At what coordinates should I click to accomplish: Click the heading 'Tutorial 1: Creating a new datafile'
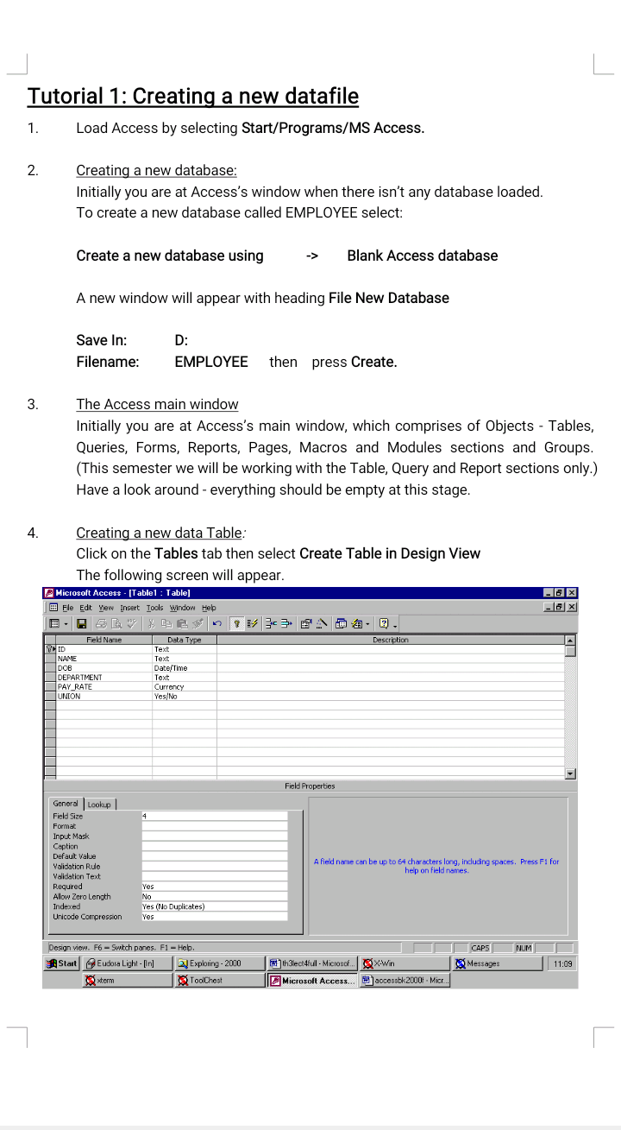(192, 96)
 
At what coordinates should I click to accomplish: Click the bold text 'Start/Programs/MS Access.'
(333, 129)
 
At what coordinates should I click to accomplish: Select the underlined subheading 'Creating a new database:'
(156, 171)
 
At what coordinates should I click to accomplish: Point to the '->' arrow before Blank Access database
(312, 256)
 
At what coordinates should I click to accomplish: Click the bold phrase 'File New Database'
(388, 298)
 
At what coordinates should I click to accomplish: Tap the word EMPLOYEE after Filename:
(210, 362)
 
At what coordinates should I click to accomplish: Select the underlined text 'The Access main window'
(157, 405)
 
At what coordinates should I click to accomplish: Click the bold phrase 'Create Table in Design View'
(389, 553)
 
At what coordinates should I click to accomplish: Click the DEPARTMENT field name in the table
(80, 678)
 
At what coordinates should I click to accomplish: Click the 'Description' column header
(390, 640)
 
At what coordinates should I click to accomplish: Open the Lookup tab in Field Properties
(99, 805)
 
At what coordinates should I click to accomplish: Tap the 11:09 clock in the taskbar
(561, 963)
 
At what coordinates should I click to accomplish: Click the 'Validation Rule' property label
(77, 866)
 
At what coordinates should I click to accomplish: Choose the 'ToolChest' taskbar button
(206, 981)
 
